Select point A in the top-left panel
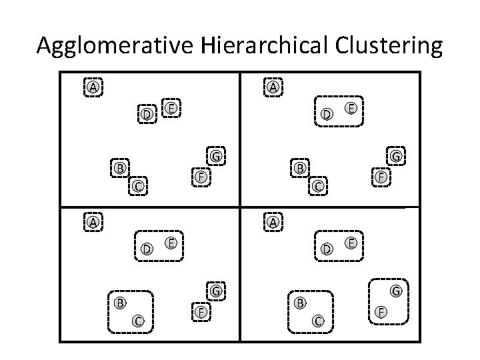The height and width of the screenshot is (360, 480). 93,87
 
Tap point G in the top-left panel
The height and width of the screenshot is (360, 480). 215,157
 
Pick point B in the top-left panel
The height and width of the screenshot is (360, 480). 120,167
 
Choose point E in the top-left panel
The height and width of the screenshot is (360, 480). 171,108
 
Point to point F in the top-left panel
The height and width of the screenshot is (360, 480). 200,177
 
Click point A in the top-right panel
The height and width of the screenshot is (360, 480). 273,87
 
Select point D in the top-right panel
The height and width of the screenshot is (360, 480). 327,115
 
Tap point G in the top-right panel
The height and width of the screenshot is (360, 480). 395,157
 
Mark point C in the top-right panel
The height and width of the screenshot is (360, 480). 319,186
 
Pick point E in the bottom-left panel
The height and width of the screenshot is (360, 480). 171,243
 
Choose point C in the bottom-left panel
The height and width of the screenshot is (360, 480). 138,321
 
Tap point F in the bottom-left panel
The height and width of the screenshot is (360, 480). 200,312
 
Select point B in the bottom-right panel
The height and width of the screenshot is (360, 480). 300,303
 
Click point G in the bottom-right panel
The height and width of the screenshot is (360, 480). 395,291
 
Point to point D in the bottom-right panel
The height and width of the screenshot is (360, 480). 327,249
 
